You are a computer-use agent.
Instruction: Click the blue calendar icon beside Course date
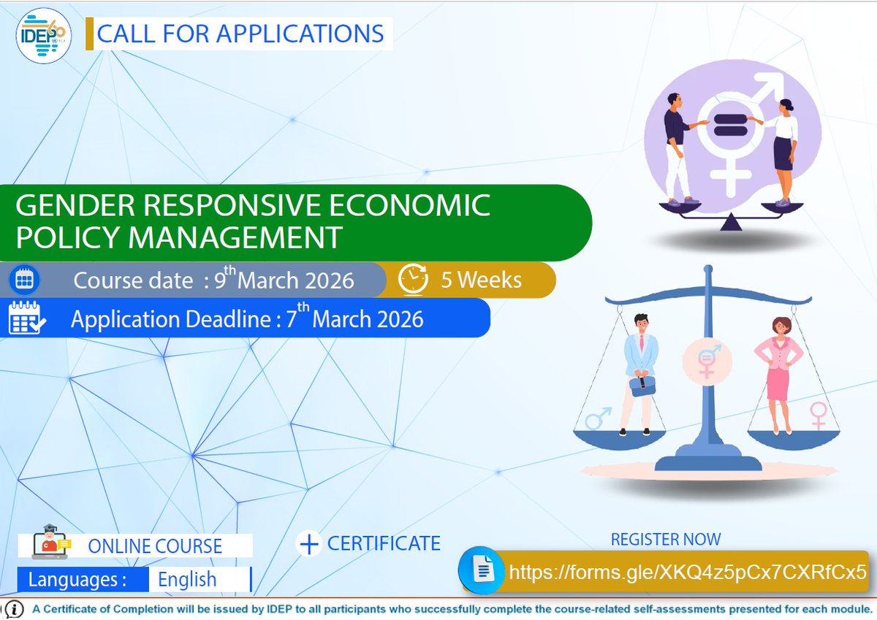point(26,280)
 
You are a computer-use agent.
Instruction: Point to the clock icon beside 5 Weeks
point(413,280)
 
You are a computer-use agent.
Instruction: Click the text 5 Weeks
point(481,280)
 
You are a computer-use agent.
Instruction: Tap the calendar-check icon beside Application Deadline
point(26,318)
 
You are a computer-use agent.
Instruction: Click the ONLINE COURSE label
point(155,546)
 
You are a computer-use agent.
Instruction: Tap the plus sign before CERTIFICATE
point(310,543)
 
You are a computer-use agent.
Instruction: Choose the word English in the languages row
point(187,580)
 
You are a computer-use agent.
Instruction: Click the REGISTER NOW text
point(665,540)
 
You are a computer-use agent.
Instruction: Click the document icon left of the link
point(483,570)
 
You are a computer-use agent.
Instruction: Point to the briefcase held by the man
point(642,385)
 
